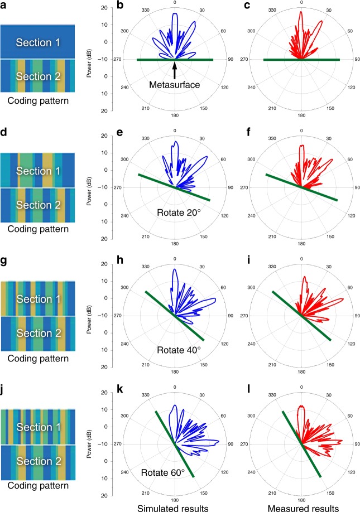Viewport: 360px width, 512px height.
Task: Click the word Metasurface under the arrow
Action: (x=175, y=86)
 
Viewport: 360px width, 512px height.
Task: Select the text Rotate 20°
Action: (x=175, y=210)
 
